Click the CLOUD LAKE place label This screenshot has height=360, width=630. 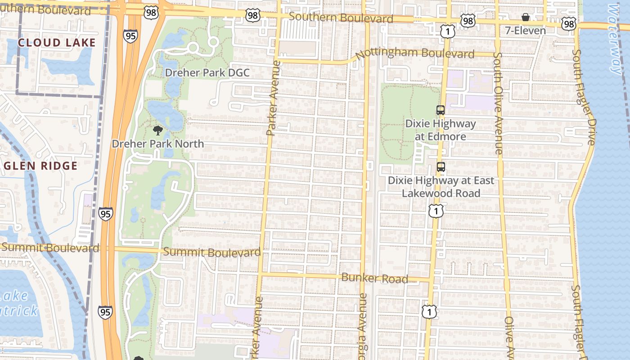pos(57,43)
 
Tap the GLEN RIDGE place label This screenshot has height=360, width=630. pos(41,166)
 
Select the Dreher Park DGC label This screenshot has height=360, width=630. pos(207,72)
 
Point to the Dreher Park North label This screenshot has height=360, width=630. pos(157,144)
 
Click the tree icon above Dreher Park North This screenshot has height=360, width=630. pos(157,130)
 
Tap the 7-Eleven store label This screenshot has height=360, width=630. pos(525,31)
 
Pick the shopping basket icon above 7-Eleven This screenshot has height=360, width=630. pos(525,18)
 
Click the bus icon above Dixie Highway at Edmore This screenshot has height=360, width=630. pos(441,110)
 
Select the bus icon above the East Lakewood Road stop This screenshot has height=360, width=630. pos(441,167)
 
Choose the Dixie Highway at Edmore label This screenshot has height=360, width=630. pos(440,129)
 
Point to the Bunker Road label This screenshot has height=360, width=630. pos(374,278)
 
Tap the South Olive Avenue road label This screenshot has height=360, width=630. pos(498,103)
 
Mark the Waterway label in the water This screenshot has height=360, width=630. pos(615,38)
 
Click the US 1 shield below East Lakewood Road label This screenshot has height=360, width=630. pos(436,211)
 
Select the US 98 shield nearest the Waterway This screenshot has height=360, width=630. pos(569,24)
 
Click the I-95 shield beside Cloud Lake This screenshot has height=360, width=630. pos(130,36)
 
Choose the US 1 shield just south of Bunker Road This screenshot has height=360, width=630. pos(429,311)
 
